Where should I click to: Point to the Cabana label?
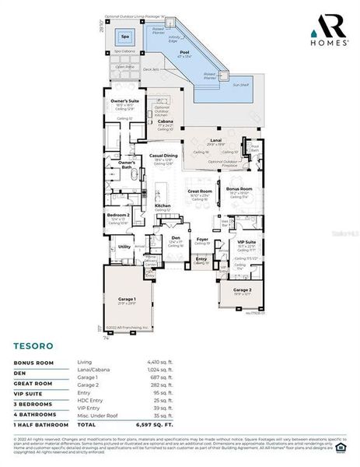[x=165, y=121]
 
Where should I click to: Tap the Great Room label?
[x=201, y=191]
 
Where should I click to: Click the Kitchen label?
[x=163, y=205]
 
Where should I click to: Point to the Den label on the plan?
[x=175, y=237]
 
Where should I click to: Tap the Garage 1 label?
[x=127, y=298]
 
